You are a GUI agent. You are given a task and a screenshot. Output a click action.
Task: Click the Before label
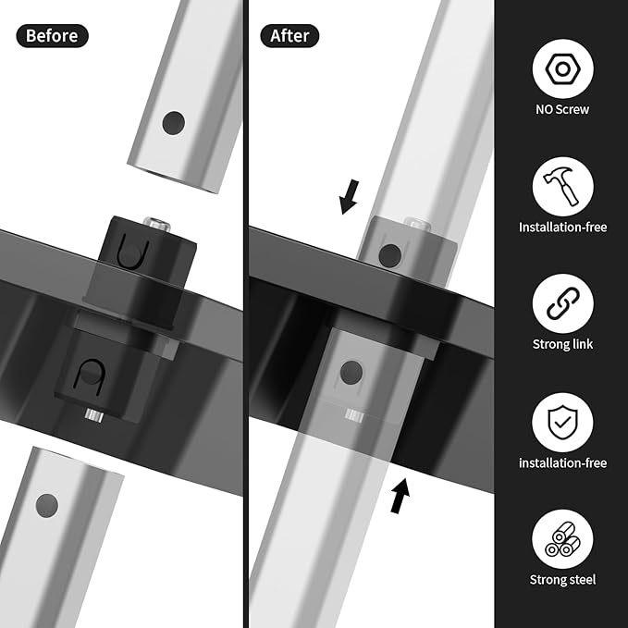pos(52,36)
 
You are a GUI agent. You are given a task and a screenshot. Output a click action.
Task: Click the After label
pos(289,36)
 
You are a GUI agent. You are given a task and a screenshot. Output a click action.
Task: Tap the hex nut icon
pos(562,68)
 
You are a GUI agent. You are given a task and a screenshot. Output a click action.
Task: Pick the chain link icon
pos(562,303)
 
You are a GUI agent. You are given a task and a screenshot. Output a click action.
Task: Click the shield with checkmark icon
pos(562,422)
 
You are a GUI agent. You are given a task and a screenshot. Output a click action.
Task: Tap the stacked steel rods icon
pos(562,539)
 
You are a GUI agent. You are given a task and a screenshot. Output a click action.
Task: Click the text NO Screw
pos(562,109)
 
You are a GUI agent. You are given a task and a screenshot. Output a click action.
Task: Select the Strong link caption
pos(562,344)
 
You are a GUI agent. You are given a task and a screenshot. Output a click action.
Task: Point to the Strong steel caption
pos(562,580)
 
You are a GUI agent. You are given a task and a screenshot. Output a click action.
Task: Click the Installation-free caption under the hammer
pos(562,228)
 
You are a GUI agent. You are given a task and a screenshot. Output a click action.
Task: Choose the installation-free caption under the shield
pos(562,463)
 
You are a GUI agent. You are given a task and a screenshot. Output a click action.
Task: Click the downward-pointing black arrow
pos(350,197)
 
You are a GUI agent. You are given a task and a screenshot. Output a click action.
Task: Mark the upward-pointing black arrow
pos(400,496)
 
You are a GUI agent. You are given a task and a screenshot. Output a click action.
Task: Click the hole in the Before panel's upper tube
pos(174,123)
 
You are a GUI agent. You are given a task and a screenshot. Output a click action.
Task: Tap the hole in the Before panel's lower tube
pos(47,505)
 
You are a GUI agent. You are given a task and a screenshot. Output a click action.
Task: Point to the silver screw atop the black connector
pos(157,223)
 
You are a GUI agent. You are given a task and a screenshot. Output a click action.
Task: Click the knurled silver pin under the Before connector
pos(94,415)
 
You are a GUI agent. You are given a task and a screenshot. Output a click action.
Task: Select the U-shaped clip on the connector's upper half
pos(133,252)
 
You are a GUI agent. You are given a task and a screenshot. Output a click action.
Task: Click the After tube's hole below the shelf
pos(351,372)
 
